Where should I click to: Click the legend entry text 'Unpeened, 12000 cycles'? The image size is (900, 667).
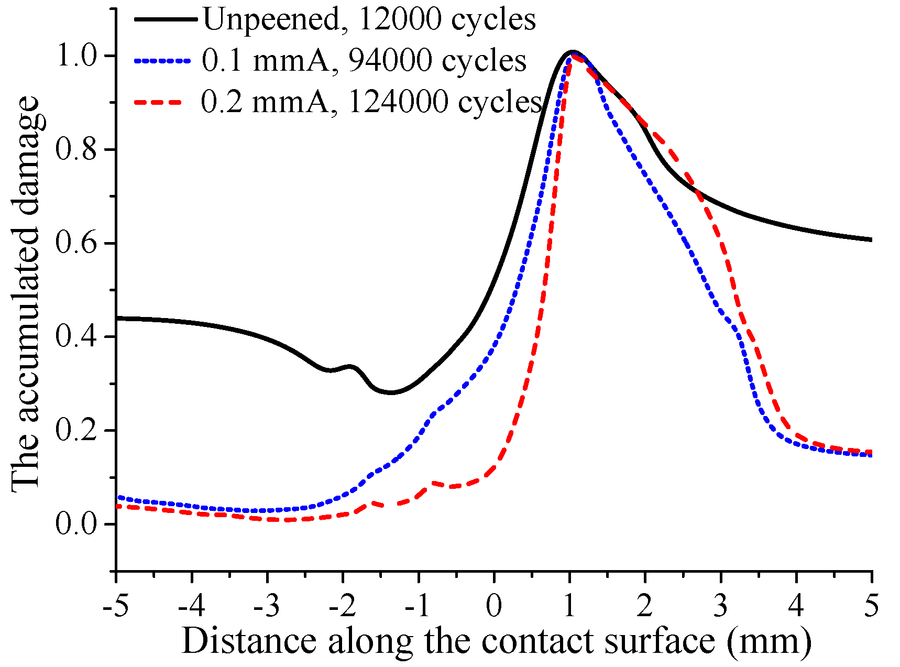pos(369,20)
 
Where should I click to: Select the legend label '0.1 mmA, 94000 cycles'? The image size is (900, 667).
pos(364,61)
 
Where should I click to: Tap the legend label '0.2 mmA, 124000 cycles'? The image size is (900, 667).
pos(371,101)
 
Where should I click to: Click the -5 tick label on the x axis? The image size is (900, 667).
pos(116,606)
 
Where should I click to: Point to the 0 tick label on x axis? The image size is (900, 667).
pos(493,606)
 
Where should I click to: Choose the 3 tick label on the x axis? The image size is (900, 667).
pos(721,606)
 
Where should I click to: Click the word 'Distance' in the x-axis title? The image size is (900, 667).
pos(249,641)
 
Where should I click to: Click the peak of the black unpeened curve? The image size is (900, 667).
pos(572,51)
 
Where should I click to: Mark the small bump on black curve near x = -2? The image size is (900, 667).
pos(350,366)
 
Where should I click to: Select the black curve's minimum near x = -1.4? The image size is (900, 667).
pos(391,392)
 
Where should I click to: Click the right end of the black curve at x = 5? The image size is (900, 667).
pos(871,239)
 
